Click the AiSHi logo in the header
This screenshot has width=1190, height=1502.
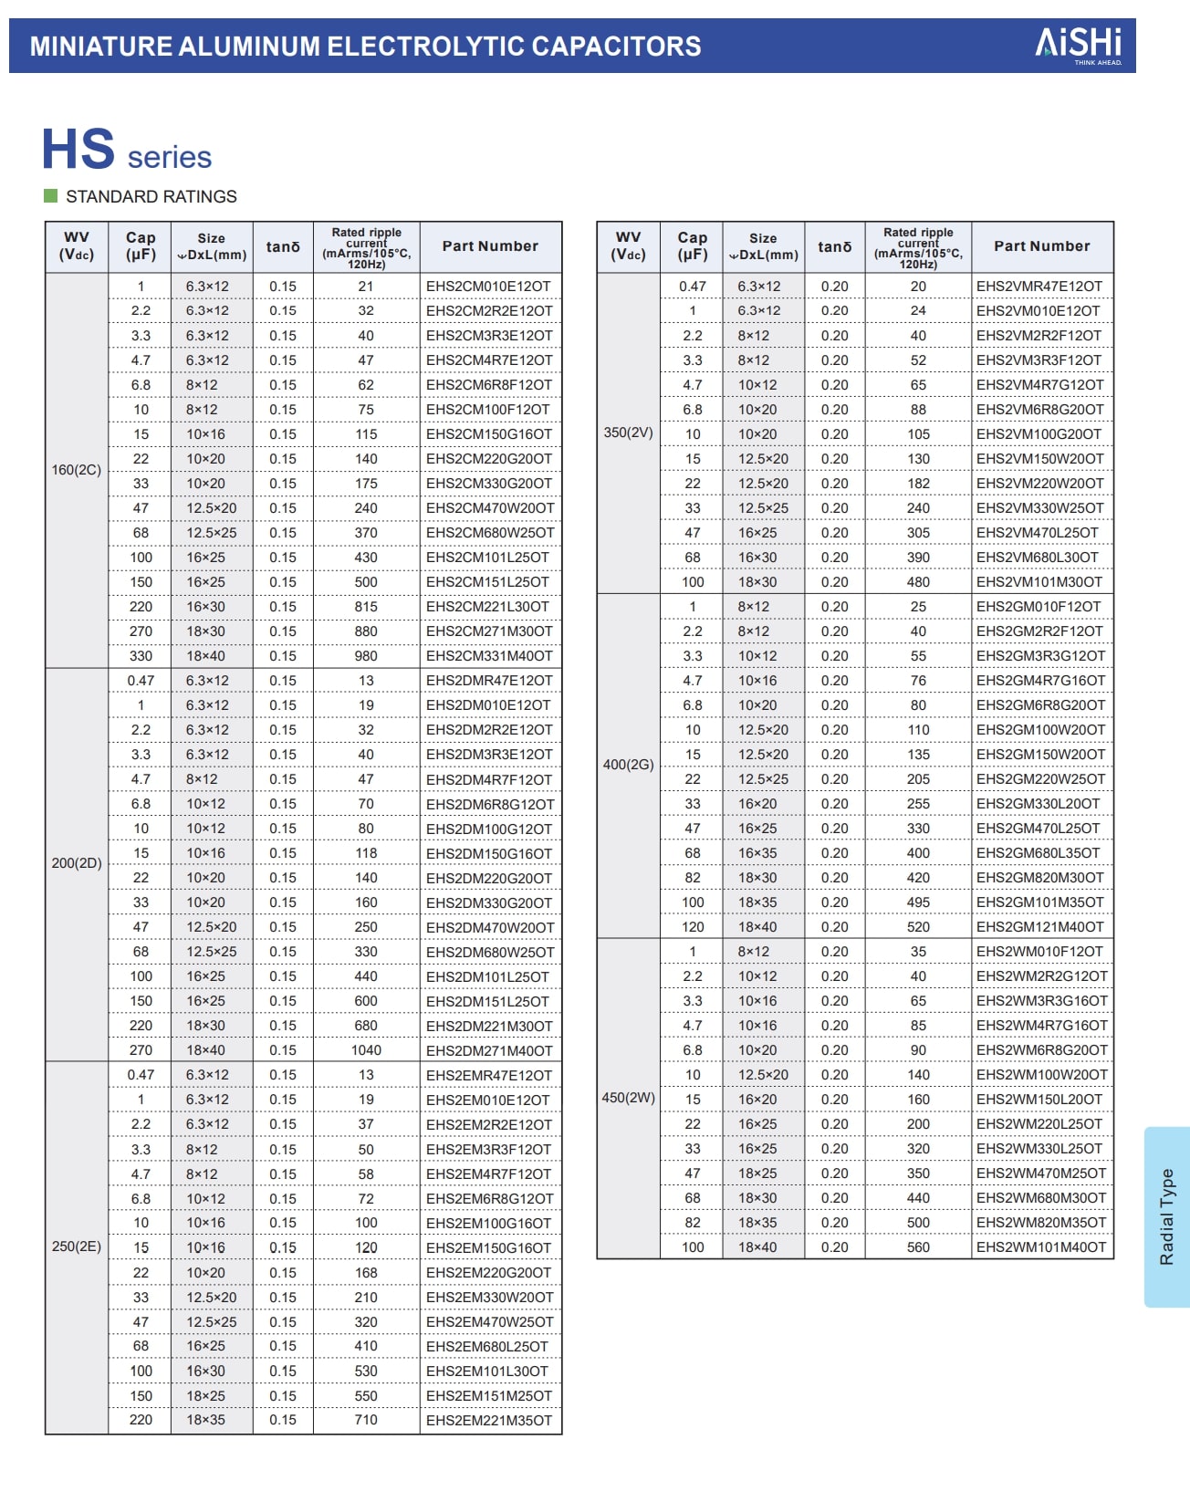point(1078,44)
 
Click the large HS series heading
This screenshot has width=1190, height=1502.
point(126,151)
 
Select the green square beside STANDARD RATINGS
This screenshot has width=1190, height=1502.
point(51,196)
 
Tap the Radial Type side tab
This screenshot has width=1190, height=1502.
point(1166,1216)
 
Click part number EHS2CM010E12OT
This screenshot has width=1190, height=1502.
point(488,287)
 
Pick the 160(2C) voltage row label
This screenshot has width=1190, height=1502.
point(77,470)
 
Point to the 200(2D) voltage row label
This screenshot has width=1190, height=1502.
point(77,862)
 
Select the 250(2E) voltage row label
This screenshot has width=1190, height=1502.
point(77,1246)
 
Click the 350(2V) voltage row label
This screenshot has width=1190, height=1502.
point(628,433)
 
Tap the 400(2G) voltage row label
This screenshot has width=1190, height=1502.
point(628,765)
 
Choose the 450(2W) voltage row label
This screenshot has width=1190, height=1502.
point(628,1098)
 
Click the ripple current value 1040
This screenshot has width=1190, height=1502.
point(366,1050)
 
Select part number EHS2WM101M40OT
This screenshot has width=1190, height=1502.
point(1040,1247)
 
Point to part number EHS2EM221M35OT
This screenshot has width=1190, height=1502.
point(489,1421)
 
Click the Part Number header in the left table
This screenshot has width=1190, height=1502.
point(490,246)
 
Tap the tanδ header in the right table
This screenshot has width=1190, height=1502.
point(834,246)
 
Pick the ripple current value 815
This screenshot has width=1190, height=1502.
point(366,607)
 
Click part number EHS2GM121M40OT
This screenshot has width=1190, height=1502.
point(1039,927)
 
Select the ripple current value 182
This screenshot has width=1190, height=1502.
point(918,484)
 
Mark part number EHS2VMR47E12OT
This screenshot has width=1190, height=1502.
point(1039,287)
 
